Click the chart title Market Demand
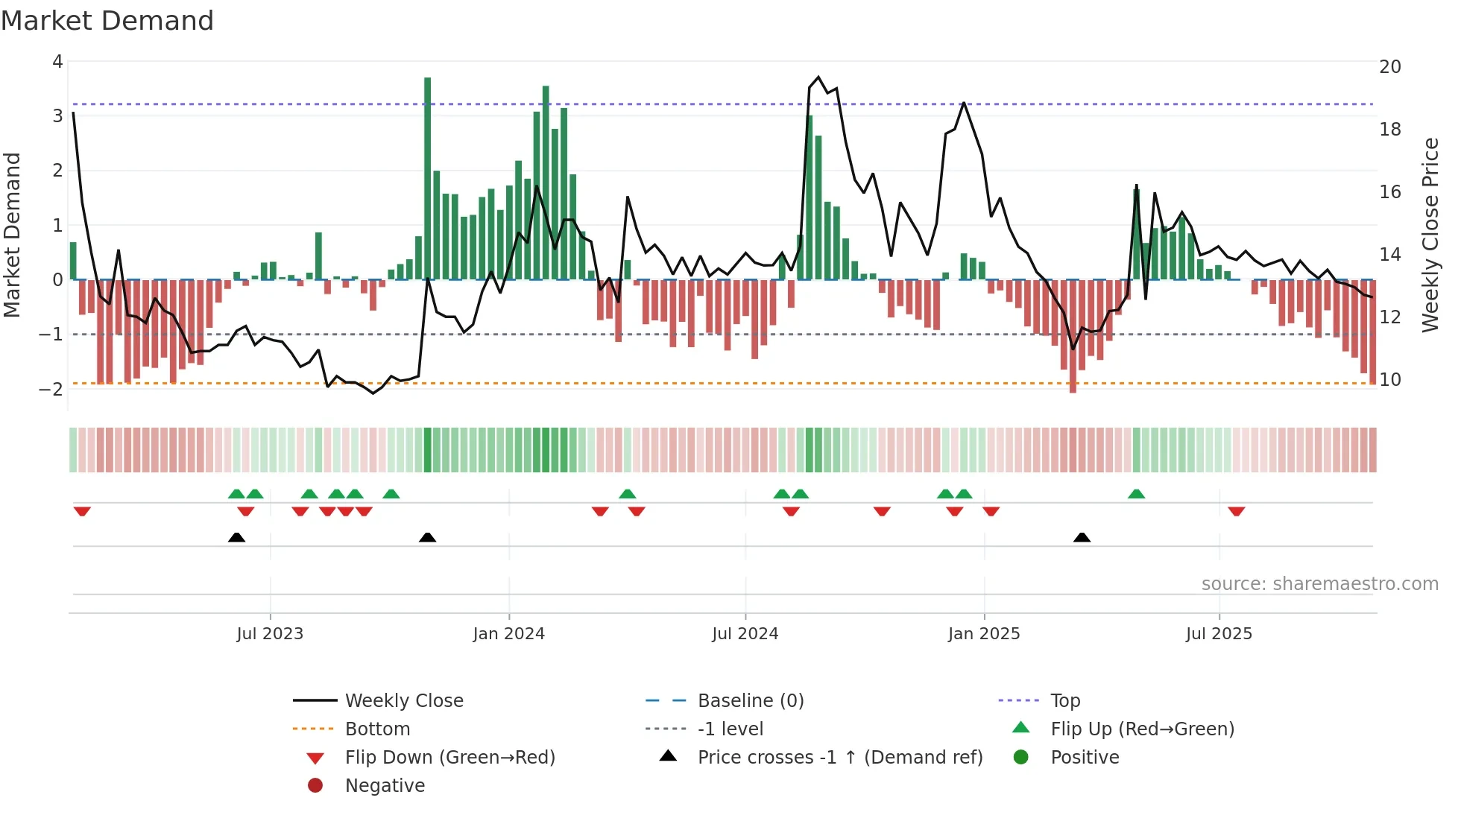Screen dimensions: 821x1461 (107, 21)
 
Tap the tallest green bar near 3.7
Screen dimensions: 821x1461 (427, 179)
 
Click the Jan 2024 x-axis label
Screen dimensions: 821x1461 (508, 634)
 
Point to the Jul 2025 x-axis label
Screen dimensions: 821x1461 (1219, 634)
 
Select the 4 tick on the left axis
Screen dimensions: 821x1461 (57, 62)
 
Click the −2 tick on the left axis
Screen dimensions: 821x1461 (52, 389)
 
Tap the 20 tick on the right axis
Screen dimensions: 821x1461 (1389, 67)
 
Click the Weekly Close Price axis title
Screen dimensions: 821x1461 (1430, 235)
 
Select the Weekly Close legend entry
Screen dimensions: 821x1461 (403, 701)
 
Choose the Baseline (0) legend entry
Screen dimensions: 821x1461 (750, 701)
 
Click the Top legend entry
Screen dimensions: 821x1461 (1064, 701)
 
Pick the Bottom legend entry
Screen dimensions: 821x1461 (377, 729)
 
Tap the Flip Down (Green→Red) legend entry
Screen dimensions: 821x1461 (449, 758)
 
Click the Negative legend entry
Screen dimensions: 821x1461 (385, 786)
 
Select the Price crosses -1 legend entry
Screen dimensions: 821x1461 (839, 758)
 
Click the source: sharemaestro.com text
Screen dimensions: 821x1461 (1319, 584)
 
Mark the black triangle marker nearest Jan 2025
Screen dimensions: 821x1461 (1082, 537)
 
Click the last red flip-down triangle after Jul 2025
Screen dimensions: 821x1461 (1236, 511)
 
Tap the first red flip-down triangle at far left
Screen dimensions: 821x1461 (82, 511)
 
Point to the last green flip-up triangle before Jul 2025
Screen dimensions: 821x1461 (1136, 494)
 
